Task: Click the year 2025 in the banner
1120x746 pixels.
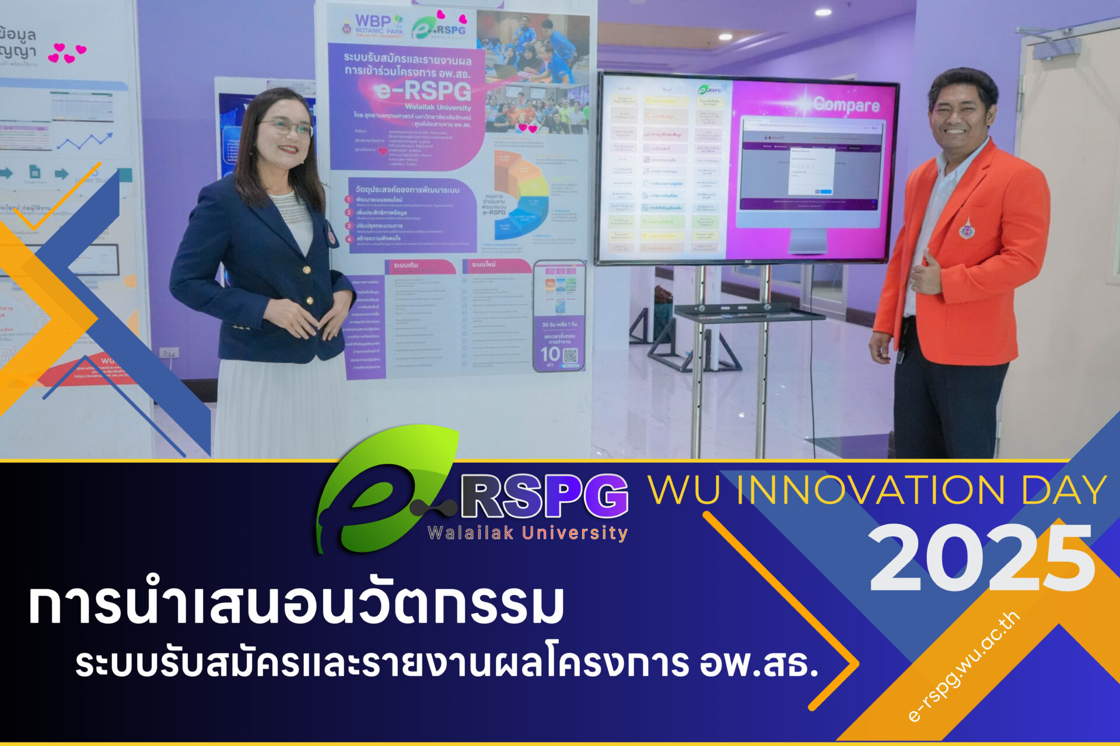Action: [x=982, y=558]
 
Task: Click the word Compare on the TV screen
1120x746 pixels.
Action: [x=846, y=105]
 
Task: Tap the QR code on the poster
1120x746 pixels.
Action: [x=570, y=356]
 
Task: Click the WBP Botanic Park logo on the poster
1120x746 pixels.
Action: [x=373, y=26]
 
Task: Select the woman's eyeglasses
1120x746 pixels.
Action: [x=286, y=127]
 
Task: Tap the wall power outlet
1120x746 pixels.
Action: [x=169, y=353]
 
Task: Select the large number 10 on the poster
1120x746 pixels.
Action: [x=549, y=354]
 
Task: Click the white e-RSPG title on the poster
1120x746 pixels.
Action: [x=423, y=91]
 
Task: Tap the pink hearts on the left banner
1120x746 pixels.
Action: [x=66, y=52]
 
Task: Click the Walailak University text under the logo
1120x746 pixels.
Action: [x=527, y=533]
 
